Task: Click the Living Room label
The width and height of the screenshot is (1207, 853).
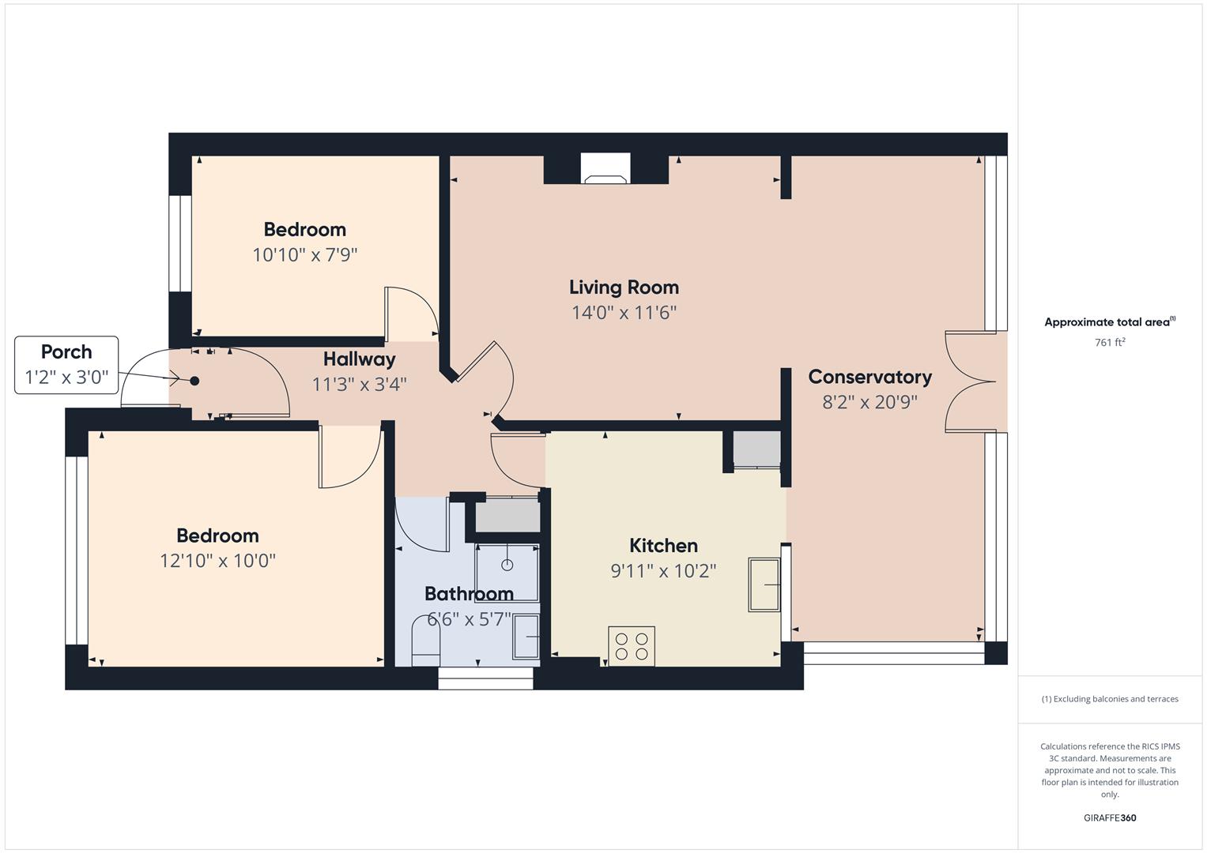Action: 624,287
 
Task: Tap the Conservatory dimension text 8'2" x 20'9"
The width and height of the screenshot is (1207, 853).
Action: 869,402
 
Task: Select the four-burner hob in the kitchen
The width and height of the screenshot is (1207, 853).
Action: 632,646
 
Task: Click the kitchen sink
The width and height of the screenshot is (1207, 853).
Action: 764,584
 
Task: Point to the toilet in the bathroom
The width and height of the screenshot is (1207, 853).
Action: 426,641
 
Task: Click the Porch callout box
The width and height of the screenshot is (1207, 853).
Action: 66,365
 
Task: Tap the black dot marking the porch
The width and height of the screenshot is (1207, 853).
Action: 194,381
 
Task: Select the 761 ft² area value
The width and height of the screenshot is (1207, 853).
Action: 1110,343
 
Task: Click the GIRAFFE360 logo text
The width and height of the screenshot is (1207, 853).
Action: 1110,817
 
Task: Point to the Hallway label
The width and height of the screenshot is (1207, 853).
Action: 360,359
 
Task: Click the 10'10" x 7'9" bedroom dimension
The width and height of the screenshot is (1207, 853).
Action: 305,254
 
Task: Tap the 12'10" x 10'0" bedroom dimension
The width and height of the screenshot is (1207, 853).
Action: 217,561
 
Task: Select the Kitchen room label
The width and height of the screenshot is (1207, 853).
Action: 663,546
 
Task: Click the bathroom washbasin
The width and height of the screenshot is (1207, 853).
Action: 526,637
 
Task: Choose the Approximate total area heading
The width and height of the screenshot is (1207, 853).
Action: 1110,322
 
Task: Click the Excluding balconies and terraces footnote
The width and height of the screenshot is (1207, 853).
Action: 1110,699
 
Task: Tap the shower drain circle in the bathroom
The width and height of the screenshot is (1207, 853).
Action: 507,565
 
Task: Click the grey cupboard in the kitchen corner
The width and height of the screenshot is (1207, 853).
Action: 757,449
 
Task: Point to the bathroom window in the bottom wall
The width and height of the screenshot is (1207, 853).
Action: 485,678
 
